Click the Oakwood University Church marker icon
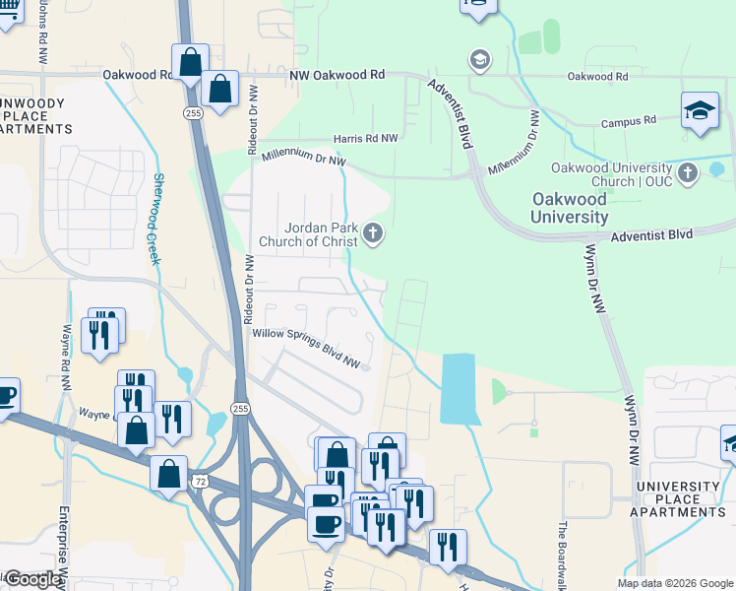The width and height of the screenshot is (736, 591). pos(688,172)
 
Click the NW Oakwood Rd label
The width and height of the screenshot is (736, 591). pos(337,74)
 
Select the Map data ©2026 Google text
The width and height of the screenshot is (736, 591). pos(674,583)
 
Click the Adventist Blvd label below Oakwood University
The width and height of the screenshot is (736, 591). pos(651,235)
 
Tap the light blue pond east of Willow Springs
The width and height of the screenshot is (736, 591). pos(458,388)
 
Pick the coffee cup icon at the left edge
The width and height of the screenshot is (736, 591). pos(5,396)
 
